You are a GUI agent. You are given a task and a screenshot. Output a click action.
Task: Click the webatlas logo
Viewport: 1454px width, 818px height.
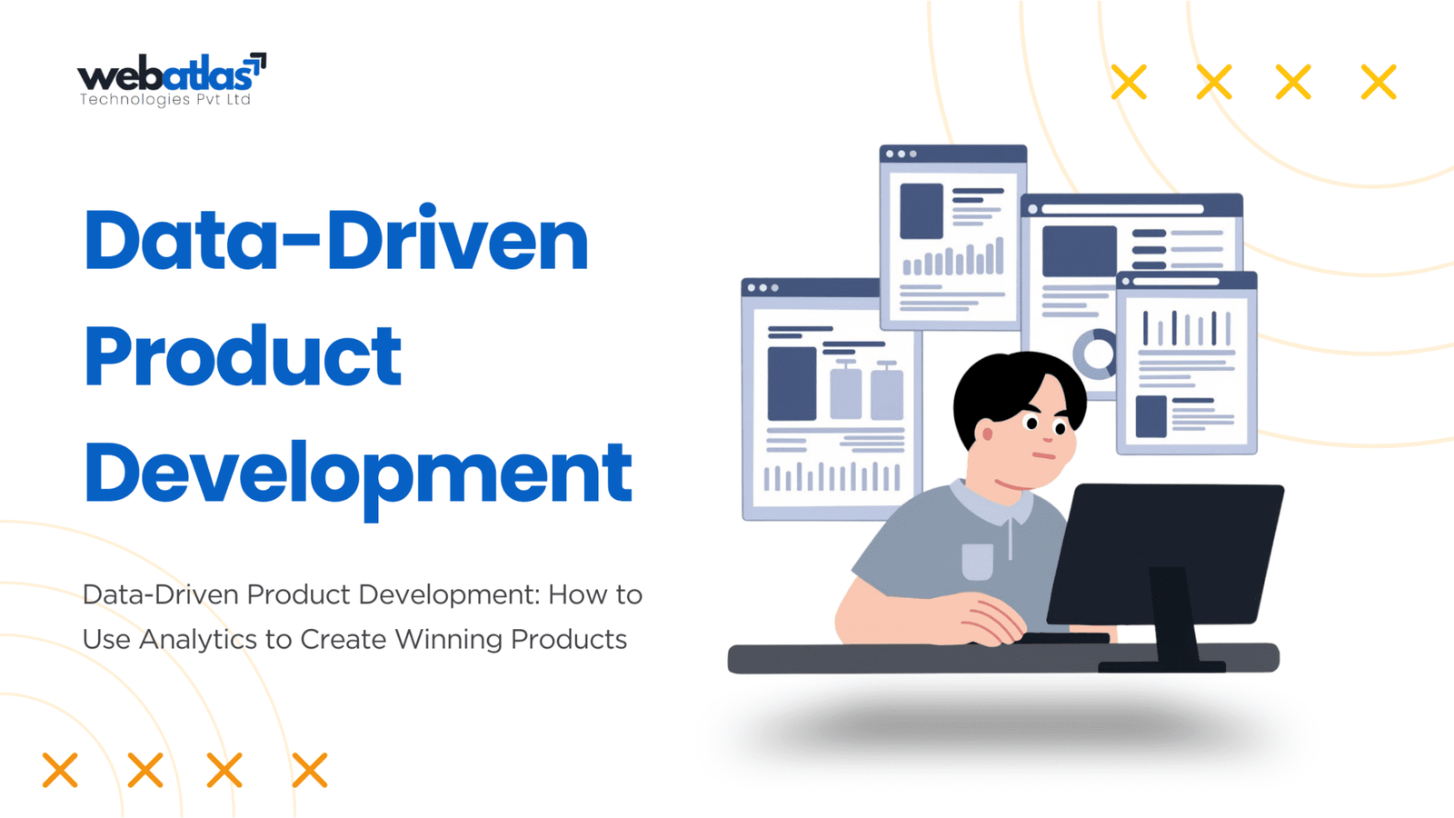click(x=172, y=79)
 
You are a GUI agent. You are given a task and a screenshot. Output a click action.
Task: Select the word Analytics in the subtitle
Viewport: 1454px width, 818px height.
click(x=198, y=640)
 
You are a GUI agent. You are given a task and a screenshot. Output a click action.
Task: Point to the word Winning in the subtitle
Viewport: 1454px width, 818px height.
click(x=449, y=640)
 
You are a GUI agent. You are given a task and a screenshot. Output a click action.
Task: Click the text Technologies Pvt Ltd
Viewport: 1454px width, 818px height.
click(x=164, y=99)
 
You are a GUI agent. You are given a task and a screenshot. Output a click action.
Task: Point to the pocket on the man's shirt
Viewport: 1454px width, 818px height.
click(x=977, y=561)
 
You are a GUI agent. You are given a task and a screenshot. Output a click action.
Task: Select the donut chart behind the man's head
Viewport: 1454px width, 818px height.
click(x=1094, y=354)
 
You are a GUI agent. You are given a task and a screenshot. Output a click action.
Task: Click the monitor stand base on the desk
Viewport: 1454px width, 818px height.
click(x=1162, y=666)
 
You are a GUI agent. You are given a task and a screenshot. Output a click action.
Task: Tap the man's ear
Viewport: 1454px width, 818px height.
click(x=987, y=433)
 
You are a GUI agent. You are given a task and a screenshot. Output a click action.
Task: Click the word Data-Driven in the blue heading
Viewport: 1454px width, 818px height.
click(x=336, y=239)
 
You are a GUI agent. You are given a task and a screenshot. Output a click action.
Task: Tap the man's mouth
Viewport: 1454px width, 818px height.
click(x=1044, y=455)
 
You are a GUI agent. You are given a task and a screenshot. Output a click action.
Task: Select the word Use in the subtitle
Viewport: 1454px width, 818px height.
click(x=106, y=640)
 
